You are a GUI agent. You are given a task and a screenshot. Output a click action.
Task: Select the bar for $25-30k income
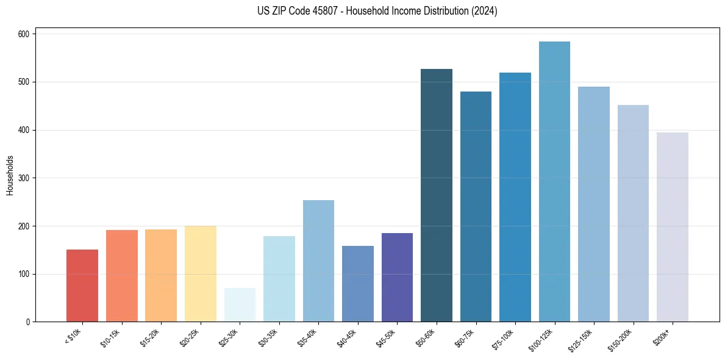coord(240,305)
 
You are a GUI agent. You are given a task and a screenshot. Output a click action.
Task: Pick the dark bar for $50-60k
coord(437,195)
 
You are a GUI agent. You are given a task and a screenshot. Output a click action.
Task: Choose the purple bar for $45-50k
coord(397,278)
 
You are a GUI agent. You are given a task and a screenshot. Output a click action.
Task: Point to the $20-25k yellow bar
coord(201,274)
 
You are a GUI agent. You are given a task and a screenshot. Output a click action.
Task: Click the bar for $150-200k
coord(633,214)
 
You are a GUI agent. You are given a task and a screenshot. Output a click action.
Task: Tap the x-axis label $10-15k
coord(110,337)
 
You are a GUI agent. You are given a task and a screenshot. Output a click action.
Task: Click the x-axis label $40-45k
coord(346,337)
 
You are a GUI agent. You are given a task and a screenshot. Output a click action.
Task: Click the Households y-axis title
coord(10,175)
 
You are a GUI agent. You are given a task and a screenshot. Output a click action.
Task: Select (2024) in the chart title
coord(485,11)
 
